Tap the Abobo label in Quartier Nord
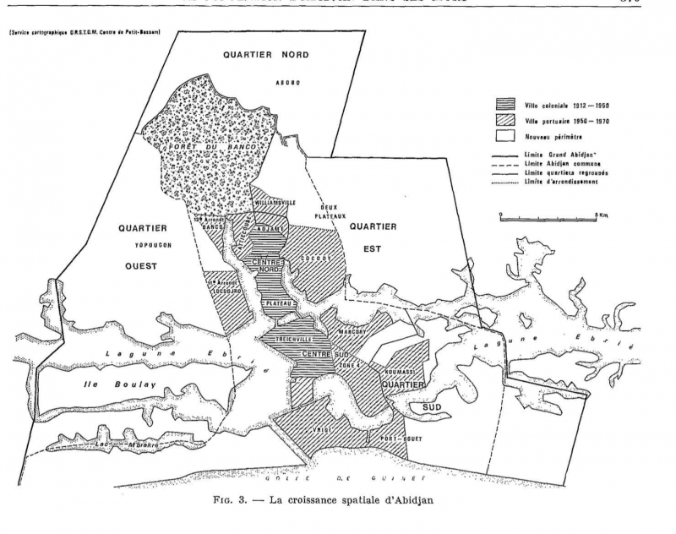(x=289, y=82)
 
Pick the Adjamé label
(x=272, y=228)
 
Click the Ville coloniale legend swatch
(x=506, y=106)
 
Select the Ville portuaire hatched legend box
(x=506, y=121)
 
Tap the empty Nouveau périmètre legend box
(x=506, y=135)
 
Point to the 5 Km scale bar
(x=548, y=217)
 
